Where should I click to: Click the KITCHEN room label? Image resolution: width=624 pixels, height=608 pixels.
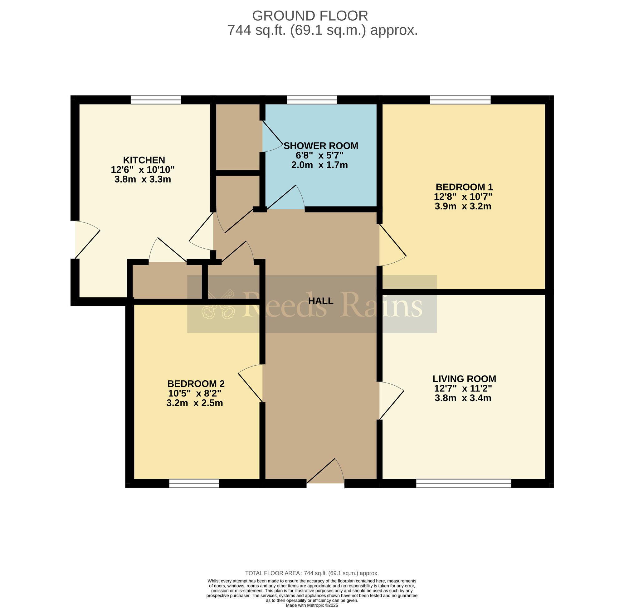(144, 160)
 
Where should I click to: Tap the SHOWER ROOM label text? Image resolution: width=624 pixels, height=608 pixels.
(321, 146)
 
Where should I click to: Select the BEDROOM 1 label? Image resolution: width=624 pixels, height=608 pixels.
(464, 187)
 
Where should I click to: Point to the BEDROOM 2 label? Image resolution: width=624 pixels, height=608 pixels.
(196, 383)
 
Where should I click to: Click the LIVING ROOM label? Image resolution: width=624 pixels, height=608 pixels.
(464, 379)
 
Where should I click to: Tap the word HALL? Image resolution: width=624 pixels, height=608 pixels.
(321, 301)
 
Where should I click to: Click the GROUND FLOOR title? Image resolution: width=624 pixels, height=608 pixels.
(310, 16)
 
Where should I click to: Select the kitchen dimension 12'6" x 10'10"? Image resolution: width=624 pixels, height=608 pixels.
(143, 170)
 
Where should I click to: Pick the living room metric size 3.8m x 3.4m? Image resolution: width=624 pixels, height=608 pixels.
(463, 398)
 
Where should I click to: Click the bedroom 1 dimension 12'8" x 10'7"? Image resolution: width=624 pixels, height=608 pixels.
(463, 197)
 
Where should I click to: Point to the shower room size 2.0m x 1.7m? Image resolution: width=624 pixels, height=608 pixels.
(319, 165)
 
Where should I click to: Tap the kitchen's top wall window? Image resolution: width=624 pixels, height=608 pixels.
(155, 100)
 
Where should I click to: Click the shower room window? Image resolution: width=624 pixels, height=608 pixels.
(312, 100)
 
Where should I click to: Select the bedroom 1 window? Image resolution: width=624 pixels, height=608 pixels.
(460, 100)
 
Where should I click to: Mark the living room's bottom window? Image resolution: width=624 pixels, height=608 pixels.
(464, 484)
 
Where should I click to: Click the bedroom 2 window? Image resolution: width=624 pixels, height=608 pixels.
(194, 484)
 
